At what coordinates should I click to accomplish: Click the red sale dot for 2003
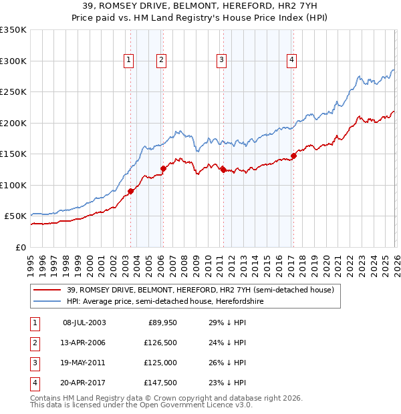click(x=130, y=192)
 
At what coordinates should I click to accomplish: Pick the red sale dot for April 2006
click(x=162, y=169)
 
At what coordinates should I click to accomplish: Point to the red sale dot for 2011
click(x=223, y=170)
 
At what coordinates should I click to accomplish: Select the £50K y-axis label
click(x=15, y=216)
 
